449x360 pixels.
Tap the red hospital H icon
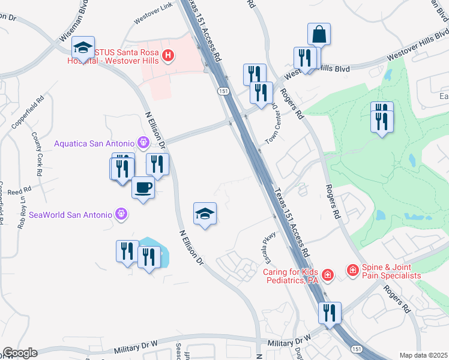(169, 57)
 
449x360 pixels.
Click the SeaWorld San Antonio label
(70, 214)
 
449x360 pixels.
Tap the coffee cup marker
(143, 188)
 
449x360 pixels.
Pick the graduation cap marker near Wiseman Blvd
(82, 48)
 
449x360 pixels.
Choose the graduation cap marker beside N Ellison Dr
(205, 214)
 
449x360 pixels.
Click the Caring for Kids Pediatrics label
(290, 275)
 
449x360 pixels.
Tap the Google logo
(20, 353)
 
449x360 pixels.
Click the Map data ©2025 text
(423, 355)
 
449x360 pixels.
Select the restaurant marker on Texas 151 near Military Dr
(330, 313)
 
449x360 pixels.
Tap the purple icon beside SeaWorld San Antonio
(121, 214)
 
